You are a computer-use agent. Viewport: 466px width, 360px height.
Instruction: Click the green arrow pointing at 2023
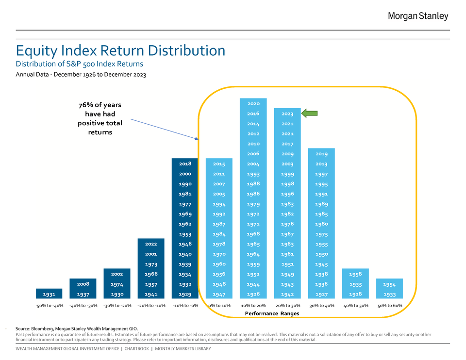point(310,114)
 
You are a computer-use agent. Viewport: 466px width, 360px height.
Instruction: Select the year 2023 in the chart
point(287,114)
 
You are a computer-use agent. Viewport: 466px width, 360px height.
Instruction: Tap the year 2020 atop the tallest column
point(253,103)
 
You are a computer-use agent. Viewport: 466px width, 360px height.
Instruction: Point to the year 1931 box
point(49,294)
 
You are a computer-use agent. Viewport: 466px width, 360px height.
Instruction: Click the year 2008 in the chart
point(83,284)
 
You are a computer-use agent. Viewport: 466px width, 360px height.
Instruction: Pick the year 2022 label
point(151,244)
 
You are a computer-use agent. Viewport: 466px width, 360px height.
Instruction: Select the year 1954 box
point(389,284)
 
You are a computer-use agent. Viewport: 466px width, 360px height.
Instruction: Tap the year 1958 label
point(355,274)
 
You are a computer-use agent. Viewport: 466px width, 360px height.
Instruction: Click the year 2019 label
point(321,154)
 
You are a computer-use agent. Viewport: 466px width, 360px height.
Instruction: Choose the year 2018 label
point(185,164)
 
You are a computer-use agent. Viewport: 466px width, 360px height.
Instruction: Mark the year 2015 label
point(219,164)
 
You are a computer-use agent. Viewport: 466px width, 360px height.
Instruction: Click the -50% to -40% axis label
point(49,306)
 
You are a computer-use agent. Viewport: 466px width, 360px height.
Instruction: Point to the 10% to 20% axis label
point(253,306)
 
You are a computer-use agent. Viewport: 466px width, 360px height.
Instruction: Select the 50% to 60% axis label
point(389,306)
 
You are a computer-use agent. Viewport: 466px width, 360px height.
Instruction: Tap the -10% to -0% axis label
point(185,306)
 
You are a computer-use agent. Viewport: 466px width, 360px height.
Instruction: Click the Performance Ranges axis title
point(272,313)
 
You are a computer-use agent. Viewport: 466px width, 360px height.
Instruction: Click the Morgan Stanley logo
point(418,16)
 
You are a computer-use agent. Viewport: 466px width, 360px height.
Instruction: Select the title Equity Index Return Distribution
point(120,50)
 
